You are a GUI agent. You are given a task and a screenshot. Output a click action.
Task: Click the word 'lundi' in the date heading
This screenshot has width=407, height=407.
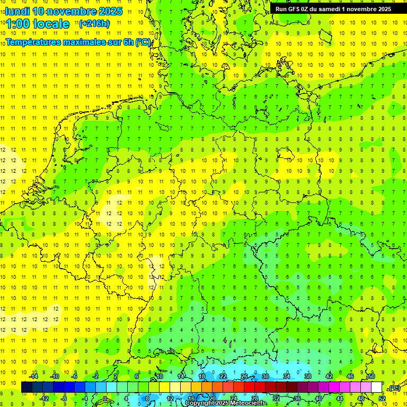tap(17, 11)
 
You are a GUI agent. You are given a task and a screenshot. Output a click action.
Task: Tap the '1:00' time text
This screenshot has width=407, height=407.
tap(19, 24)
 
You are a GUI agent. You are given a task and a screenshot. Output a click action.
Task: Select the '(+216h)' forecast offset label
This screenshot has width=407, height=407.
tap(94, 23)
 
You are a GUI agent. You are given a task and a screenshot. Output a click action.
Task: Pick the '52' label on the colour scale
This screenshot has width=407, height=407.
tap(382, 398)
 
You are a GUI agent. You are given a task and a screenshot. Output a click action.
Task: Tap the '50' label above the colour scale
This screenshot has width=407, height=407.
tap(371, 376)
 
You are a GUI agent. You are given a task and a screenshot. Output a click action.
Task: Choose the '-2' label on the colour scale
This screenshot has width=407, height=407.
tap(96, 376)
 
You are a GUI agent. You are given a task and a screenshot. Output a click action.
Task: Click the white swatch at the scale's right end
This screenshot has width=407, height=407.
tap(377, 387)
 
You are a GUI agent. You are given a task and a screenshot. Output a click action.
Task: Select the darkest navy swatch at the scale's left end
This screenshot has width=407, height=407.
tap(26, 387)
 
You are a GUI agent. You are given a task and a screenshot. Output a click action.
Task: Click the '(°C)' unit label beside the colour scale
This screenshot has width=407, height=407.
tap(394, 388)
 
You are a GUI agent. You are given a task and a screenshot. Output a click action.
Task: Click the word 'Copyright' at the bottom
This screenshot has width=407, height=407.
tap(200, 403)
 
